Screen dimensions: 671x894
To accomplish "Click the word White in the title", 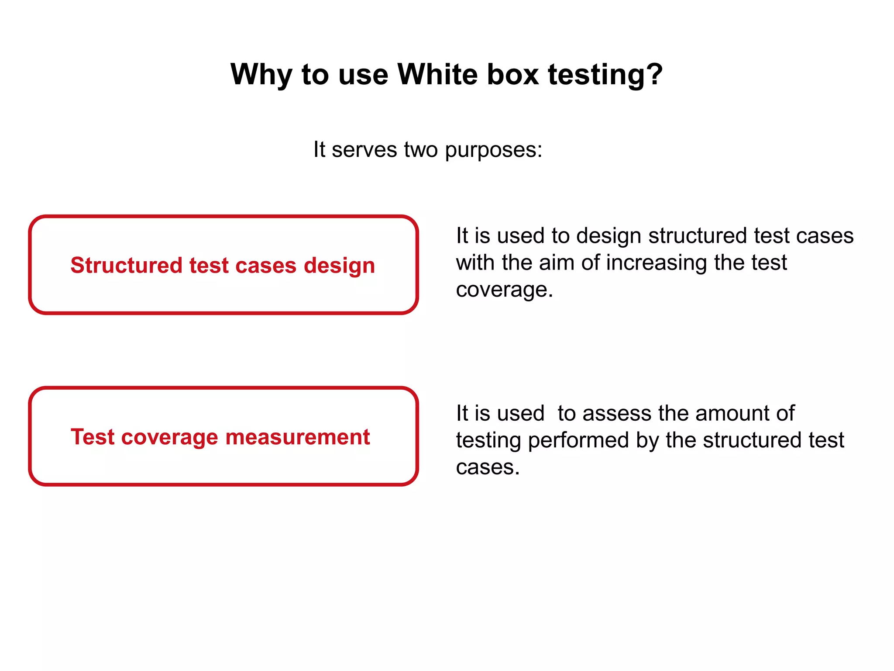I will [x=437, y=74].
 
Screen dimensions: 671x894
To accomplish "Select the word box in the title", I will [x=512, y=74].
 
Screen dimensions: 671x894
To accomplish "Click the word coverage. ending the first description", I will [x=504, y=291].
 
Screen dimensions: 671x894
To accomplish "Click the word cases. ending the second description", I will [x=488, y=468].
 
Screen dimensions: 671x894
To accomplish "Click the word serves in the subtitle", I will [x=364, y=150].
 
